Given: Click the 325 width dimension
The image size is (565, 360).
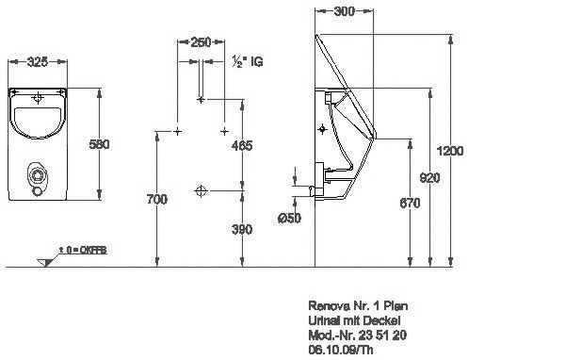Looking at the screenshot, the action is click(38, 61).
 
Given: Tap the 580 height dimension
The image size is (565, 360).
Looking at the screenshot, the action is click(99, 144).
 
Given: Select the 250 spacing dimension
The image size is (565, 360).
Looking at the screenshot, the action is click(201, 42).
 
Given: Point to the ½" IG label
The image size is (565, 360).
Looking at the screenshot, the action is click(248, 61).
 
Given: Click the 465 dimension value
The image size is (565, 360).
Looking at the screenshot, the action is click(242, 145).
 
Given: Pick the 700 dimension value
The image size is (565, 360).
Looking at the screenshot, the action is click(156, 199).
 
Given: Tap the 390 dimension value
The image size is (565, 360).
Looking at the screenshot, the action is click(242, 229).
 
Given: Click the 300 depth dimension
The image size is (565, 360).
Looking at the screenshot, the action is click(344, 11).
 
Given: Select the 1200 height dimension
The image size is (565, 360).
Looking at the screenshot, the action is click(450, 151).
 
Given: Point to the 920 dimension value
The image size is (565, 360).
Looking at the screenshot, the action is click(430, 177).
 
